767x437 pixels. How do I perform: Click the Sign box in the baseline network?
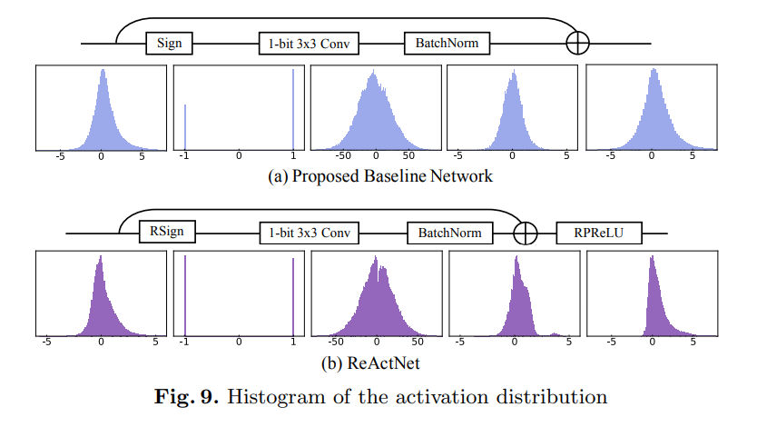click(x=170, y=42)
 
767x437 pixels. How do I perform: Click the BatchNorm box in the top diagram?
click(x=440, y=42)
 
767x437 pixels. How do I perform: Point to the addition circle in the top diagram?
click(x=577, y=43)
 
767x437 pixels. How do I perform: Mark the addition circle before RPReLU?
click(x=525, y=233)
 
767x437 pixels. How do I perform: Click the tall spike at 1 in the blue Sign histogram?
click(x=293, y=110)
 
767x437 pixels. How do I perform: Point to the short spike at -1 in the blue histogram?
click(x=184, y=127)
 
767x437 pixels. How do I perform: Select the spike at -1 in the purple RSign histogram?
click(x=184, y=295)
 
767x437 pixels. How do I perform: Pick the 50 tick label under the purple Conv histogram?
click(x=418, y=343)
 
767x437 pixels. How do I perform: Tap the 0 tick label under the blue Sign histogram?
click(x=239, y=156)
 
